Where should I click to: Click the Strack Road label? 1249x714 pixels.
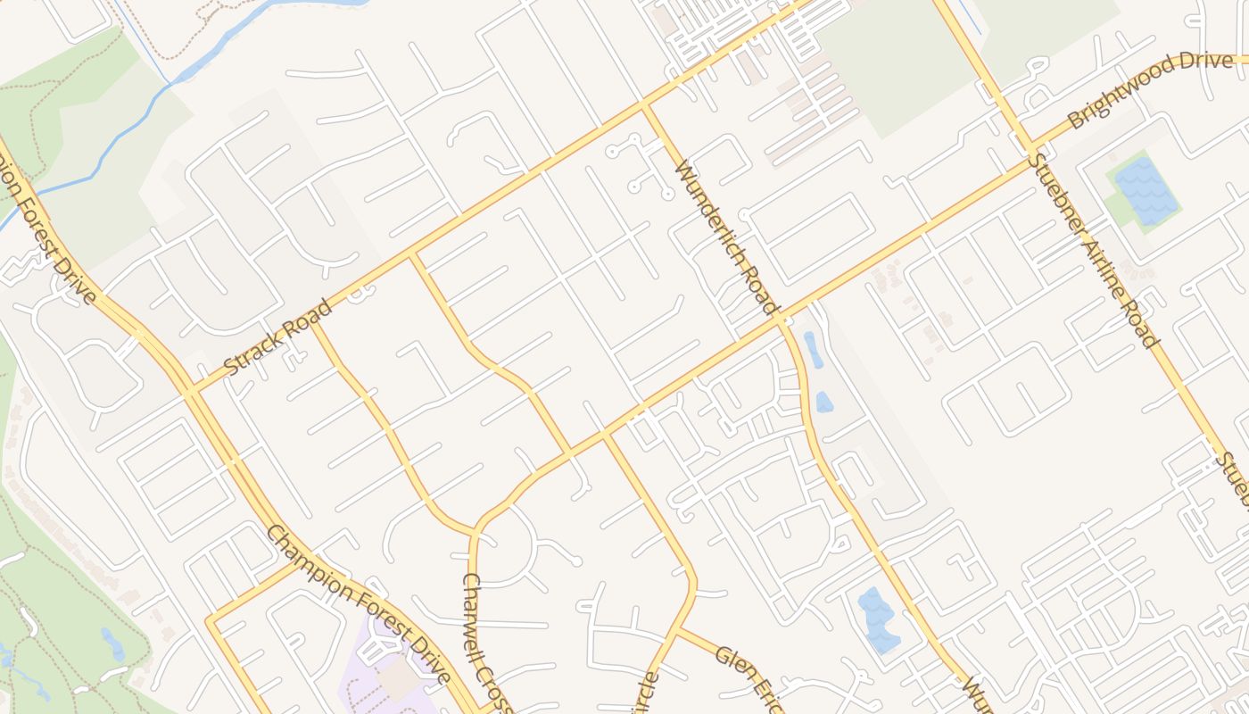click(x=277, y=337)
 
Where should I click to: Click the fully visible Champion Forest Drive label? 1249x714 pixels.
click(x=358, y=603)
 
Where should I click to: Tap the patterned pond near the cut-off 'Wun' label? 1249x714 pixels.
click(x=877, y=619)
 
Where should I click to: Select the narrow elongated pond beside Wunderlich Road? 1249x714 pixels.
click(x=813, y=350)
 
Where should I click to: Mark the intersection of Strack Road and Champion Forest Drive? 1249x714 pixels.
click(x=190, y=391)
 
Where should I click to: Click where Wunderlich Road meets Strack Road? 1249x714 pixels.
click(x=643, y=105)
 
